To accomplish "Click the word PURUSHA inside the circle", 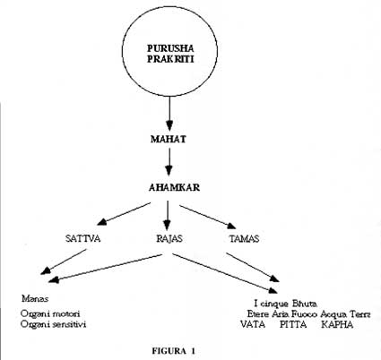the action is point(170,48).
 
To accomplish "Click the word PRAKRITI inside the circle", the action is point(170,59).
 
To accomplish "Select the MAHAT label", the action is point(169,139).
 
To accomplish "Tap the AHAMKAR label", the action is point(174,187).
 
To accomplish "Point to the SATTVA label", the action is point(82,238).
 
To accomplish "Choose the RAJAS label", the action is point(169,238).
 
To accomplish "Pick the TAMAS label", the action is point(244,238).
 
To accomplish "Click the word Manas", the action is point(35,298).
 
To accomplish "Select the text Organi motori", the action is point(50,313).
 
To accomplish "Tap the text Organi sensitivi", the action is point(53,324).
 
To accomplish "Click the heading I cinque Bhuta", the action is point(285,304).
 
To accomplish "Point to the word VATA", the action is point(253,324).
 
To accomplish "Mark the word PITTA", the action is point(293,324).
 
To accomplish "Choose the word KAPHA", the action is point(337,324).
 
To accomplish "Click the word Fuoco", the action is point(304,314).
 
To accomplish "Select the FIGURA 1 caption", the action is point(173,351).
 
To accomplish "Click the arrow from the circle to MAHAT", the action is point(169,114).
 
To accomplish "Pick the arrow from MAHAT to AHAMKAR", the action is point(169,162).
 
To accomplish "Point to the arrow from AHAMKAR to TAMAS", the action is point(208,217).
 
